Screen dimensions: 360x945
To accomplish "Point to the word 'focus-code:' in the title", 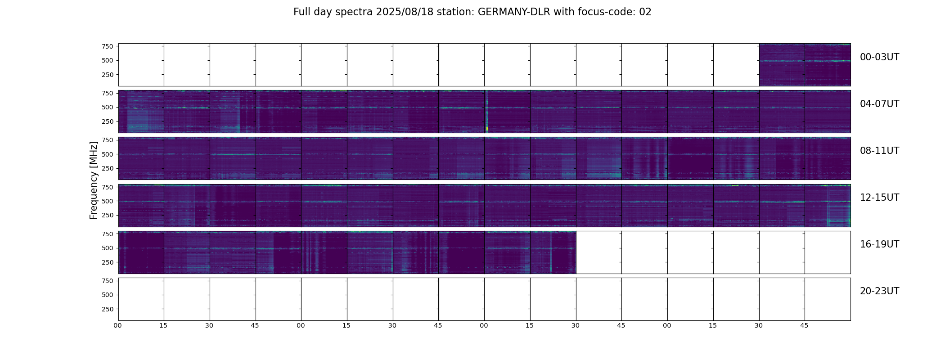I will point(610,12).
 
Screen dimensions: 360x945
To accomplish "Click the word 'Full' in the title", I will point(301,12).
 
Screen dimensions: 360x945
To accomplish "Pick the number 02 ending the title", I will point(645,12).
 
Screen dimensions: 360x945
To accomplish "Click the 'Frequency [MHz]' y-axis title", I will point(94,180).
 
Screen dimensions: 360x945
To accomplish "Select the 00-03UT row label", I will point(879,57).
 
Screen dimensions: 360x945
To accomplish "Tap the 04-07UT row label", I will point(879,104).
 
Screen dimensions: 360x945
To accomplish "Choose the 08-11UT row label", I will point(879,151).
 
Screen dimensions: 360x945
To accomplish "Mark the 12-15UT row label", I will point(879,198).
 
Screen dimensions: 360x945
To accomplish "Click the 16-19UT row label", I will point(879,244).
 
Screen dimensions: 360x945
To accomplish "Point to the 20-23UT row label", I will point(879,291).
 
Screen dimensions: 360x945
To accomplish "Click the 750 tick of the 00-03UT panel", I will point(108,46).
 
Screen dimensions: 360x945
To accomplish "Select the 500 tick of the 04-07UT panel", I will point(108,108).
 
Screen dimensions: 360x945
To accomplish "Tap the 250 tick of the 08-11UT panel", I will point(108,169).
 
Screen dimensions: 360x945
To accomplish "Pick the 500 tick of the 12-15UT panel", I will point(108,201).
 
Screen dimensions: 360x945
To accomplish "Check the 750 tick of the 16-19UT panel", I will point(108,234).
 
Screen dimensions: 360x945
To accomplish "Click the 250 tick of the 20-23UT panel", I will point(108,310).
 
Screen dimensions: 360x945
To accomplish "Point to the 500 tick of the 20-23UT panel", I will point(108,295).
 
